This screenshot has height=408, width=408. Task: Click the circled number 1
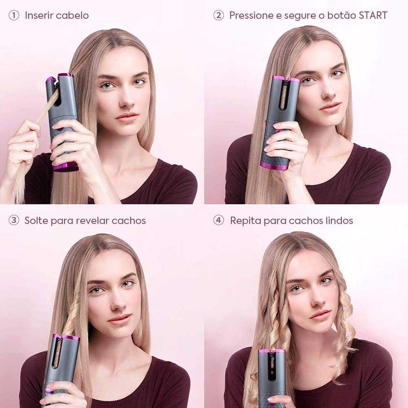tap(14, 16)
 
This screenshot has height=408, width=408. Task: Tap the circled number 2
tap(219, 16)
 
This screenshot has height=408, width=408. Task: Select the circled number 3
tap(14, 220)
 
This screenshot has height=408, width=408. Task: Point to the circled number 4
tap(219, 220)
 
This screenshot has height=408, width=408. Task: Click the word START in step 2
tap(373, 16)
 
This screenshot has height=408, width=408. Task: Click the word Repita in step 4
tap(246, 221)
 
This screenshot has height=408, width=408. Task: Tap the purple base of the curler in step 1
tap(66, 167)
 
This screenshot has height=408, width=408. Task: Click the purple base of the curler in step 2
tap(274, 166)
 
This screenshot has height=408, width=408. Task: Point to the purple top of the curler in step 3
tap(66, 338)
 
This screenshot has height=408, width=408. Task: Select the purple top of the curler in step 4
tap(272, 352)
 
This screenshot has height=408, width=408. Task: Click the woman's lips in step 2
tap(330, 106)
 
